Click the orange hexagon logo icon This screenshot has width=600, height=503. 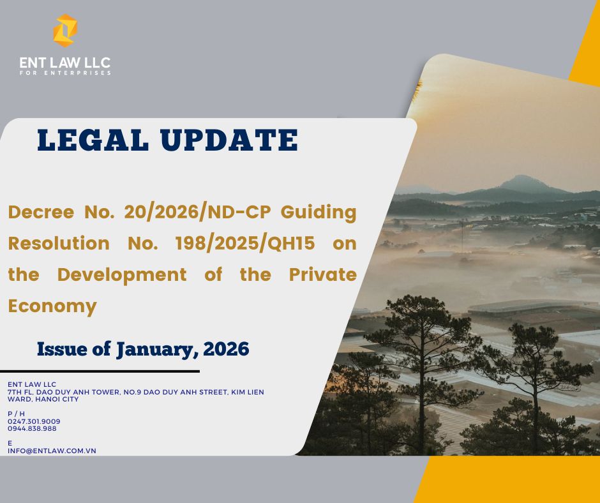click(x=65, y=31)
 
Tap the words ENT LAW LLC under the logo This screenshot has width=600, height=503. click(x=65, y=63)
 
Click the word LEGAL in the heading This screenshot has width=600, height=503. click(x=93, y=140)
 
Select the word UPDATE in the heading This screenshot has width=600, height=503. click(x=229, y=140)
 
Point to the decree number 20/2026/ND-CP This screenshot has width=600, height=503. click(x=197, y=212)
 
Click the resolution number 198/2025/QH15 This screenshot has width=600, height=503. click(x=245, y=243)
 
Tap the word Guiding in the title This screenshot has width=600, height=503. click(x=319, y=213)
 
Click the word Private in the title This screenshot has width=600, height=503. click(x=322, y=275)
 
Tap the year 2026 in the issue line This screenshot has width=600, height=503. click(x=226, y=349)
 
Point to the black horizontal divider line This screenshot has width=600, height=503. click(x=100, y=372)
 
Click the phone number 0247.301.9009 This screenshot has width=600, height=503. click(x=34, y=421)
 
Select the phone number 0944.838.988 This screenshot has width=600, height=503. click(x=32, y=429)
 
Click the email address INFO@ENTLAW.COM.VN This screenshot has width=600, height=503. click(x=52, y=451)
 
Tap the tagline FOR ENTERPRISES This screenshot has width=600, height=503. click(x=65, y=73)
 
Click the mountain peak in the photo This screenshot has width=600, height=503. click(x=522, y=177)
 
